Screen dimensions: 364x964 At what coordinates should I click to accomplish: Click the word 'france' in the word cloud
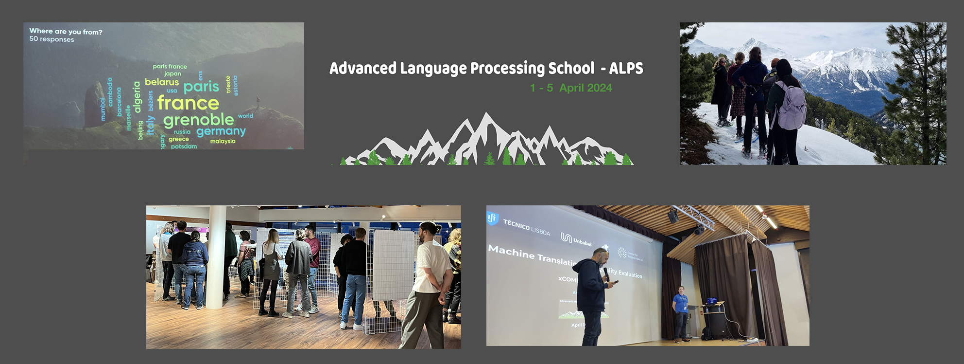click(188, 103)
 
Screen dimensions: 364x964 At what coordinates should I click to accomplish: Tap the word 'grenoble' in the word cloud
click(199, 120)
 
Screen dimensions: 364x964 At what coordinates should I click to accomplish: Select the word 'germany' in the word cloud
click(221, 131)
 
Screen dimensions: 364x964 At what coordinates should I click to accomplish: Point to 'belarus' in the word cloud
click(162, 82)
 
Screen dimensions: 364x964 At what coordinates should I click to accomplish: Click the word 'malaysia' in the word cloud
click(223, 141)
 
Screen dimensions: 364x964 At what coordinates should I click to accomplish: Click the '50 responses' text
click(52, 39)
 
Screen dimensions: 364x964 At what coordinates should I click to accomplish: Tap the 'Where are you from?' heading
click(66, 32)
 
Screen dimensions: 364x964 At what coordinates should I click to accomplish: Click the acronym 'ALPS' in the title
click(626, 68)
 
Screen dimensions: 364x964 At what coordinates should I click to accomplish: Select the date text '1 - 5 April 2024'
click(571, 88)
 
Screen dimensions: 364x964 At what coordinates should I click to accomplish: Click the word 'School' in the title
click(571, 68)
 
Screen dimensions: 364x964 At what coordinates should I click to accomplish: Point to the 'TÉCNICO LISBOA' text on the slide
click(526, 227)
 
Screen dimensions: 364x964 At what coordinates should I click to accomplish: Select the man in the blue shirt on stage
click(680, 311)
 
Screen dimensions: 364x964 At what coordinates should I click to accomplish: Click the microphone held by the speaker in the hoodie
click(606, 274)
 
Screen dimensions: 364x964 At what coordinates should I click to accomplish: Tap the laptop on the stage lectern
click(711, 301)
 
